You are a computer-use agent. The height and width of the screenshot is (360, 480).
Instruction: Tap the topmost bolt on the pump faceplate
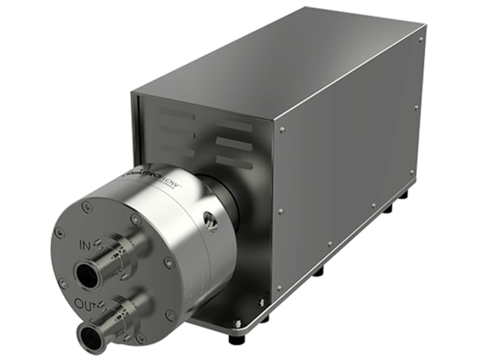(87, 207)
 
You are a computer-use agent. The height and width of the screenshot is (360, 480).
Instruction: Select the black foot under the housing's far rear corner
(404, 194)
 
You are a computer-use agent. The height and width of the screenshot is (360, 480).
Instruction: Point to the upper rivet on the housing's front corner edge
(282, 131)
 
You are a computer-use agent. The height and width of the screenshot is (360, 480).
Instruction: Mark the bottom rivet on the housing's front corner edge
(279, 289)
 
